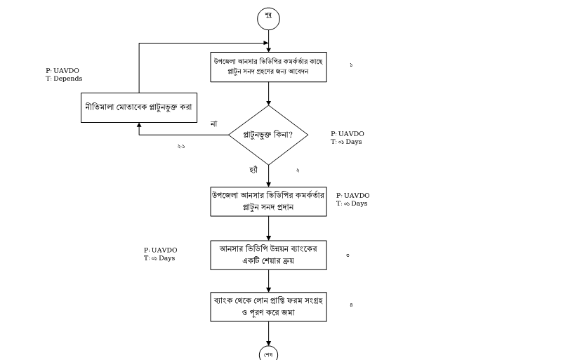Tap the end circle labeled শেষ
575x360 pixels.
point(268,353)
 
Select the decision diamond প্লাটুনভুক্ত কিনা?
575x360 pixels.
point(268,134)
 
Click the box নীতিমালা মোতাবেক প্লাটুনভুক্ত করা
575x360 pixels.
point(138,107)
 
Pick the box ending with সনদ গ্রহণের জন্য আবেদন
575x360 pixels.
point(268,67)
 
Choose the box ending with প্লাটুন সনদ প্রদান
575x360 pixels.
point(268,201)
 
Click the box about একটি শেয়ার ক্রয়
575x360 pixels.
point(268,255)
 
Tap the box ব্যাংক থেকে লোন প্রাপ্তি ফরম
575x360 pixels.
point(268,306)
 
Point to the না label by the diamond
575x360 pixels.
point(213,124)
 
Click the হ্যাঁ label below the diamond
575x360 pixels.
point(254,170)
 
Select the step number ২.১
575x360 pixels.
point(181,146)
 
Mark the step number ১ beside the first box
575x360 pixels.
point(351,65)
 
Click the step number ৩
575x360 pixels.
point(348,255)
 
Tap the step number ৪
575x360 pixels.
point(351,305)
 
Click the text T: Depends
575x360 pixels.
point(64,79)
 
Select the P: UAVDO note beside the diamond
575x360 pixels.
point(348,134)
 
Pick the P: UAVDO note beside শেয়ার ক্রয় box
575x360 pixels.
point(160,251)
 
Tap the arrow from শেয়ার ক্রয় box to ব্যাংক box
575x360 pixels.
point(268,281)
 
